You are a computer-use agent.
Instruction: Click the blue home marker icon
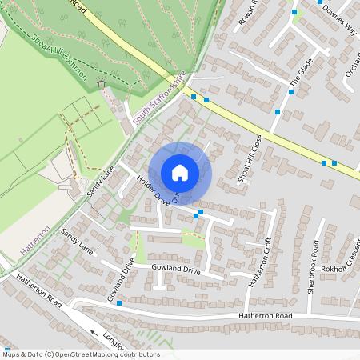pos(180,173)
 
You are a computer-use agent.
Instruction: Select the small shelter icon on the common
pos(101,83)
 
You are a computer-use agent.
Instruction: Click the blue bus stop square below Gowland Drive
pos(118,303)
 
